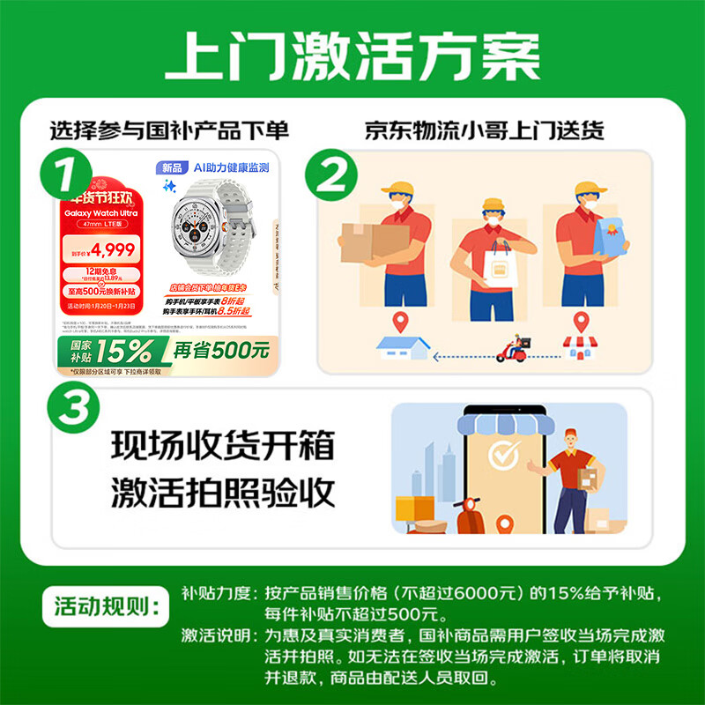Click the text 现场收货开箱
point(223,445)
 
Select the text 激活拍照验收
point(223,493)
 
